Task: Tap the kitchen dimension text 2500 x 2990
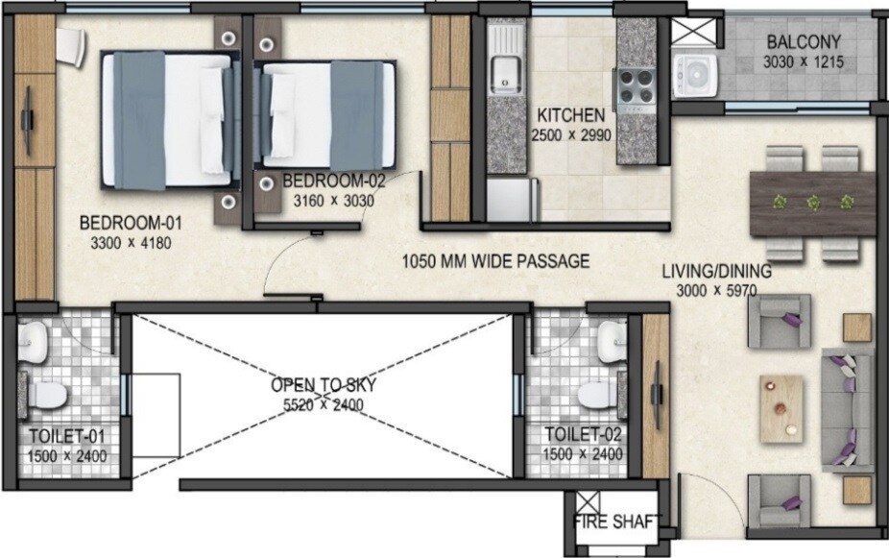coord(569,135)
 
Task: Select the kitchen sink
coord(504,69)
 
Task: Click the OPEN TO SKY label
coord(323,385)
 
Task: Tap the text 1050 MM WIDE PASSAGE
coord(495,260)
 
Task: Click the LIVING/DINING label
coord(716,271)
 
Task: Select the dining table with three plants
coord(812,203)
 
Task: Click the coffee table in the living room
coord(781,410)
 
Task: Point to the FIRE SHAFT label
coord(616,522)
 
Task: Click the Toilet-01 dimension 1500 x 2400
coord(67,456)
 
